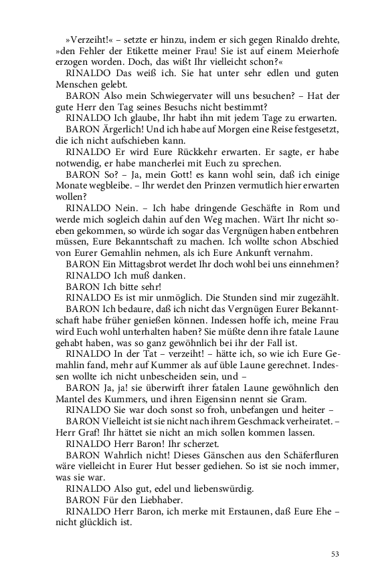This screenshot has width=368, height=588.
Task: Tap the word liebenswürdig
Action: (221, 489)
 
